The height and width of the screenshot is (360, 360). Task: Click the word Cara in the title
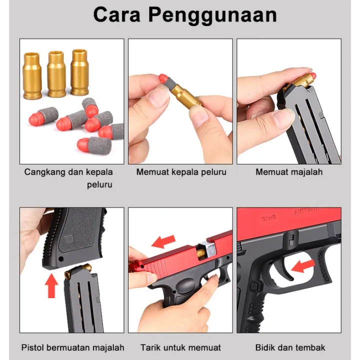pyautogui.click(x=116, y=14)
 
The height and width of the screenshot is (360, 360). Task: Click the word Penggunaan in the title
pyautogui.click(x=213, y=15)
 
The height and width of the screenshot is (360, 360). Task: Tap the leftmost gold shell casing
pyautogui.click(x=32, y=76)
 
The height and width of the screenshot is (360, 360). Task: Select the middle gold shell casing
pyautogui.click(x=56, y=74)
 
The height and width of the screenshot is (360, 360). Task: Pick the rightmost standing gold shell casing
pyautogui.click(x=79, y=72)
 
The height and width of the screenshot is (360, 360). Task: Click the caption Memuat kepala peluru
pyautogui.click(x=181, y=172)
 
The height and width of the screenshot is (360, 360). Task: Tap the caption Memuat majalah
pyautogui.click(x=289, y=172)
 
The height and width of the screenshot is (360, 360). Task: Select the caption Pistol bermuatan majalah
pyautogui.click(x=72, y=347)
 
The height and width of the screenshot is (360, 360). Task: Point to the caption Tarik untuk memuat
pyautogui.click(x=180, y=347)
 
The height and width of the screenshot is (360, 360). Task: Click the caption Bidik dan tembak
pyautogui.click(x=290, y=347)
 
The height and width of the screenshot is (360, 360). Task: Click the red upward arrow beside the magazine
pyautogui.click(x=51, y=286)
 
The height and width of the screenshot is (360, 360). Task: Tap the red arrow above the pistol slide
pyautogui.click(x=163, y=241)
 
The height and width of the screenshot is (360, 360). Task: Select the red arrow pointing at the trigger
pyautogui.click(x=303, y=266)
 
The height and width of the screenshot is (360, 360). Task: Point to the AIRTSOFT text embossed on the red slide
pyautogui.click(x=307, y=211)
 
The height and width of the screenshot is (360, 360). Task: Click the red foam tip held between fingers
pyautogui.click(x=163, y=79)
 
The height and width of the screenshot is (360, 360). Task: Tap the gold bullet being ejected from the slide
pyautogui.click(x=200, y=252)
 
